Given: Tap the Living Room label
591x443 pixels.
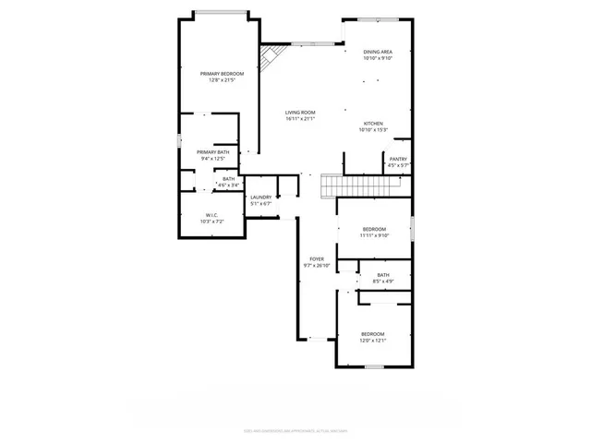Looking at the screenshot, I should pos(300,112).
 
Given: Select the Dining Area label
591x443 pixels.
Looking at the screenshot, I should pos(378,52).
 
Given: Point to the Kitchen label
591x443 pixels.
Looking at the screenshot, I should pos(373,123).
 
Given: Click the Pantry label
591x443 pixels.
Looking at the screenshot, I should pos(398,159).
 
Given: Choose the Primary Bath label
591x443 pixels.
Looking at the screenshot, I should pos(211,151).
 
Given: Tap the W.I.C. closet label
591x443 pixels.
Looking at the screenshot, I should pos(212,216).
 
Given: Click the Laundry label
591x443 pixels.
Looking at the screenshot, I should pos(260,197).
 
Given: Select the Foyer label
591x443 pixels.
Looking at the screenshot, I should pos(317,259).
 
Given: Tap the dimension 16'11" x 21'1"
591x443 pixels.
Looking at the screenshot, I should pos(300,118).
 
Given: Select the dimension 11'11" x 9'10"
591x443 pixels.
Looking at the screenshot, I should pos(374,235).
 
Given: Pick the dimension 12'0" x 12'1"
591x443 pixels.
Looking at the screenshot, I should pos(372,341).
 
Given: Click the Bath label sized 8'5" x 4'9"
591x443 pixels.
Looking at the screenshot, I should pos(382,274).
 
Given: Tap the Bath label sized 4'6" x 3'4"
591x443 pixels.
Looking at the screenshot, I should pos(228,179).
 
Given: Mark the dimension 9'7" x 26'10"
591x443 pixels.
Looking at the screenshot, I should pos(317,266).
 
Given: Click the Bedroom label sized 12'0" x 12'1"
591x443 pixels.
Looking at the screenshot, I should pos(372,333).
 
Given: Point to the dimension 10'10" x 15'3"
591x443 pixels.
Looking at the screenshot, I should pos(373,130).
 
